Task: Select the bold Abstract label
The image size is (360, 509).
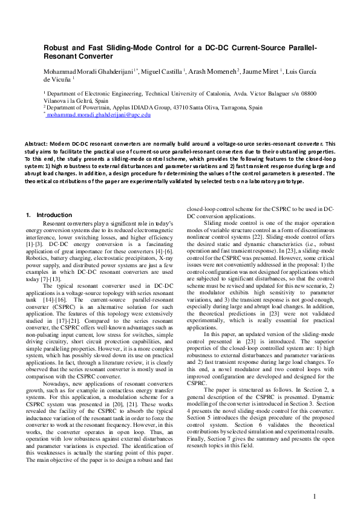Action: click(37, 144)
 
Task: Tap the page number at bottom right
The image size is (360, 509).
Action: click(315, 497)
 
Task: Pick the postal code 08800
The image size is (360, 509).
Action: click(309, 94)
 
